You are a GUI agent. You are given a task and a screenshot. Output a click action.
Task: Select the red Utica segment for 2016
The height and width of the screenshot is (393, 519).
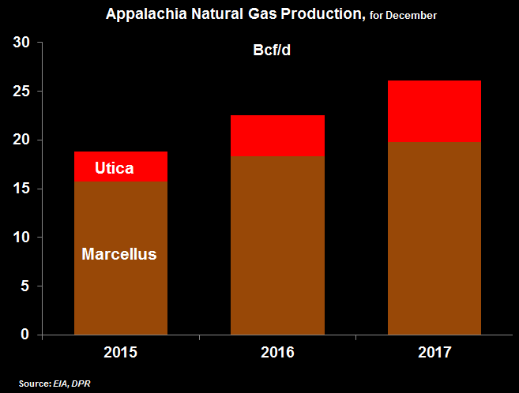point(277,136)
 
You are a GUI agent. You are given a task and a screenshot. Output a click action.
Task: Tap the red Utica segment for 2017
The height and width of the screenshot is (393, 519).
point(434,111)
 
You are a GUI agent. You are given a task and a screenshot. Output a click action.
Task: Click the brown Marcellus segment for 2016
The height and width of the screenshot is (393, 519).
point(277,245)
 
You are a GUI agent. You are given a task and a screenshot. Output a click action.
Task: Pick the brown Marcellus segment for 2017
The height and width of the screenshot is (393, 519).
point(434,238)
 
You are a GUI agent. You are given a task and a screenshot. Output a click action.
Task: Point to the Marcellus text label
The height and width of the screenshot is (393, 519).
point(119,254)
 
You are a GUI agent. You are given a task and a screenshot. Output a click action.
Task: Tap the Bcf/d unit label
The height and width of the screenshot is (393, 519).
point(261,51)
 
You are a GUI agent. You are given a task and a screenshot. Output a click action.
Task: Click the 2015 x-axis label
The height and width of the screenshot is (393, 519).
point(120,353)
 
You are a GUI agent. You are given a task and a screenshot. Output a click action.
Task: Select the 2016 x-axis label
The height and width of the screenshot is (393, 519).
point(277,353)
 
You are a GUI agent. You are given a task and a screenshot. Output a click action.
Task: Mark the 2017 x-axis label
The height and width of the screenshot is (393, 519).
point(434,353)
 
